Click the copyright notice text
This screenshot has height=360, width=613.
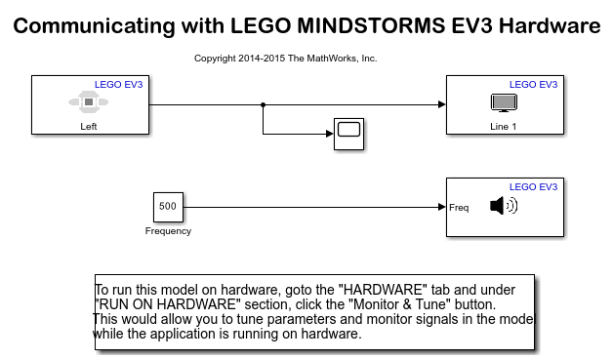[x=285, y=59]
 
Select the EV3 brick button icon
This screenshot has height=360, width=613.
[x=89, y=102]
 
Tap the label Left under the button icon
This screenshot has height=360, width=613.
[x=89, y=127]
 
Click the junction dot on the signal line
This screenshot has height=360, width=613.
[x=264, y=104]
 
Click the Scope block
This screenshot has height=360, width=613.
[x=349, y=134]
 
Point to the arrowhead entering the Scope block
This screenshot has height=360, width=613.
[x=330, y=134]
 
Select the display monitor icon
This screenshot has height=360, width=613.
[x=504, y=102]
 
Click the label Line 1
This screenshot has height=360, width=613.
[x=503, y=127]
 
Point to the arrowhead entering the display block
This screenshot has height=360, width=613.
[x=442, y=104]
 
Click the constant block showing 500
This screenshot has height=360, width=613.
[x=168, y=207]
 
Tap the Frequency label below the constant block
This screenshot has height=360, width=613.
[x=168, y=231]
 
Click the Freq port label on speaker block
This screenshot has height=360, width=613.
[x=459, y=208]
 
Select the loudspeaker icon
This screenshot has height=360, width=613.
[x=504, y=206]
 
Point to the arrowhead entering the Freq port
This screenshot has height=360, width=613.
[x=442, y=207]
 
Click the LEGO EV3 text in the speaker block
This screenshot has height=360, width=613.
[x=533, y=187]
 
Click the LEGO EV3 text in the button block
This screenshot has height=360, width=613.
[x=119, y=85]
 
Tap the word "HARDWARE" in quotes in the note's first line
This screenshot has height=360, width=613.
[x=381, y=290]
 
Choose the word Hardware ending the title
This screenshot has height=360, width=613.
[x=550, y=25]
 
